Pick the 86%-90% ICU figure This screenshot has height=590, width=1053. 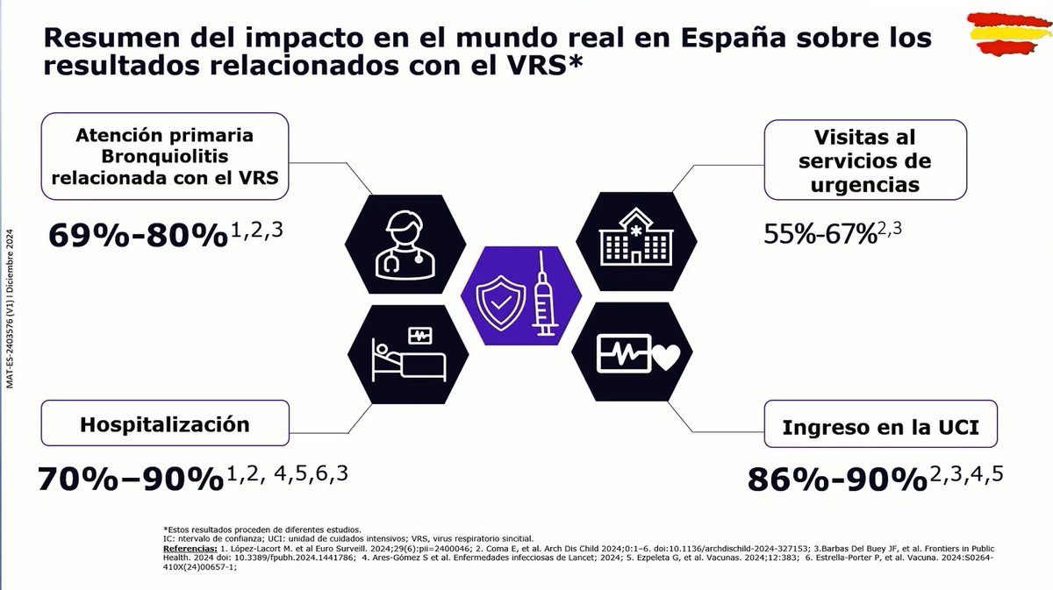837,480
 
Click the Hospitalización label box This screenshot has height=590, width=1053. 165,424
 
